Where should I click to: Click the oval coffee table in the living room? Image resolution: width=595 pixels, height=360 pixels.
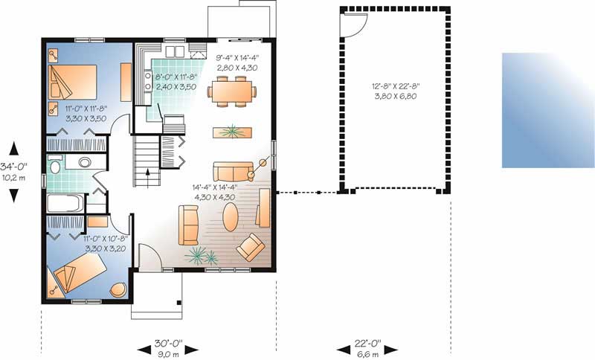[x=232, y=218]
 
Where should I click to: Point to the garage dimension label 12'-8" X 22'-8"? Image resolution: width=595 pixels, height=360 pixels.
[x=396, y=90]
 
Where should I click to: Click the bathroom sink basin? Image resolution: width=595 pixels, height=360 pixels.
[x=85, y=161]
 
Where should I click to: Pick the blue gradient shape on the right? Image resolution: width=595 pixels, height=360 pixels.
[x=547, y=109]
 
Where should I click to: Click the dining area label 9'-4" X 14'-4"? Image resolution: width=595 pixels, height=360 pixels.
[x=237, y=62]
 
